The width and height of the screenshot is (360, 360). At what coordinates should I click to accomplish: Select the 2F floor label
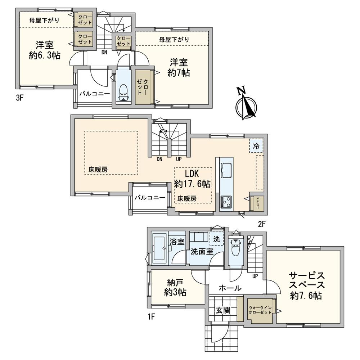(x=261, y=223)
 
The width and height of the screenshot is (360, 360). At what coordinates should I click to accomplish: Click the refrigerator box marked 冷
(x=256, y=146)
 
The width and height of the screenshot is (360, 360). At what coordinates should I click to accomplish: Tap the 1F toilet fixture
(x=235, y=248)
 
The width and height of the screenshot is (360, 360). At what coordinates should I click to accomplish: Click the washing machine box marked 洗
(x=216, y=239)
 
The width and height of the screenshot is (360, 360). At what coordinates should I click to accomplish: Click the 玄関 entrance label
(x=223, y=310)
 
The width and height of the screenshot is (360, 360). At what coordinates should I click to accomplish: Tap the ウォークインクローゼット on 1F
(x=260, y=310)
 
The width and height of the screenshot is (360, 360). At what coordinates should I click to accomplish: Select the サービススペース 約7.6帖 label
(x=307, y=286)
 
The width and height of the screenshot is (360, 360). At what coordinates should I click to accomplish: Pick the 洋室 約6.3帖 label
(x=44, y=50)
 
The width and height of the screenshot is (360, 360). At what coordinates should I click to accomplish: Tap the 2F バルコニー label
(x=150, y=198)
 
